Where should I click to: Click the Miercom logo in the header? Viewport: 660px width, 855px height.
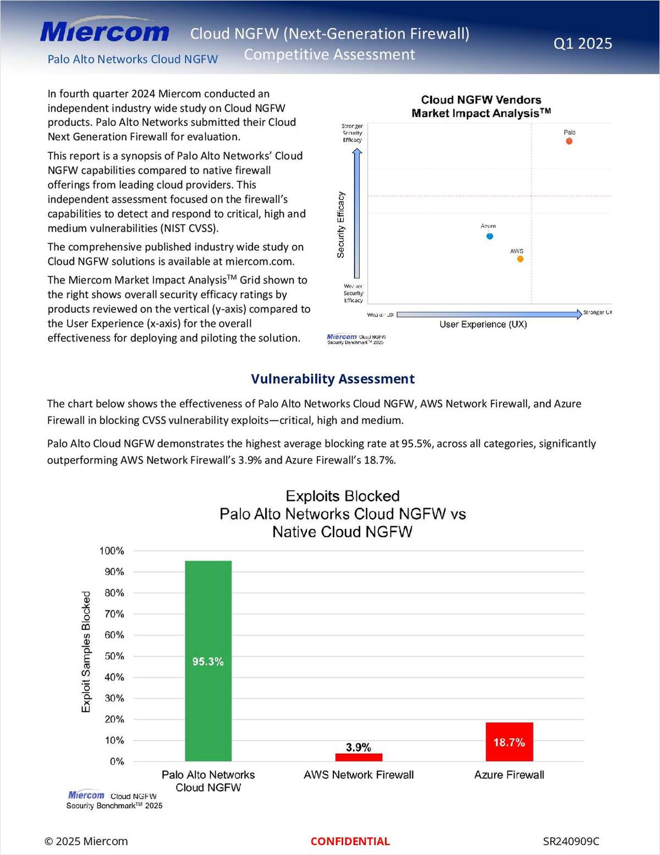tap(105, 32)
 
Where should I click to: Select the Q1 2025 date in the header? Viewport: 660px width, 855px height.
tap(582, 43)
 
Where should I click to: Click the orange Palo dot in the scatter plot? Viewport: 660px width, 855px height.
tap(569, 141)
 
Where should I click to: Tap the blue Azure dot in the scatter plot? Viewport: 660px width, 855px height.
tap(490, 236)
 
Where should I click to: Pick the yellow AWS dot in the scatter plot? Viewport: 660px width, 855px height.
tap(520, 259)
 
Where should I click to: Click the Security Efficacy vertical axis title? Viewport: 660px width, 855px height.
tap(340, 225)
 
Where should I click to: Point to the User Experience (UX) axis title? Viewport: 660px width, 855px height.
tap(483, 324)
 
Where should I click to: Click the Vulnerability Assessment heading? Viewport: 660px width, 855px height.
tap(333, 379)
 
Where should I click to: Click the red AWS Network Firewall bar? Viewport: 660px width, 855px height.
tap(359, 757)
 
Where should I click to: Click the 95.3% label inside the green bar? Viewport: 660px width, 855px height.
tap(208, 661)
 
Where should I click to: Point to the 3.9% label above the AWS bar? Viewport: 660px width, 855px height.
tap(358, 747)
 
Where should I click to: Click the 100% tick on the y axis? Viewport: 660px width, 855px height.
tap(112, 550)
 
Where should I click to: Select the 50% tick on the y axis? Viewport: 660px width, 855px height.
tap(114, 656)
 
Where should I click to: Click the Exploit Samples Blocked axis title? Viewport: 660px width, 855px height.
tap(86, 652)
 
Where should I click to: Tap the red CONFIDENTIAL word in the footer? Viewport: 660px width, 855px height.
tap(350, 841)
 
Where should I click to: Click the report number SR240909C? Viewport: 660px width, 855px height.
tap(571, 841)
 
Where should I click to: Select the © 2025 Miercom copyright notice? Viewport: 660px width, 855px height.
tap(86, 841)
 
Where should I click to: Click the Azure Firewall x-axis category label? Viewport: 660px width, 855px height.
tap(509, 775)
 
